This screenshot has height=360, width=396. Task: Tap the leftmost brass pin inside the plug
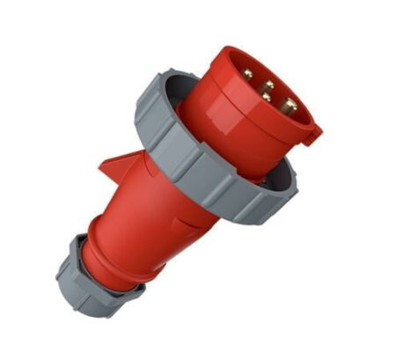[x=249, y=77]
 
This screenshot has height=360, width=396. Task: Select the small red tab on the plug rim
[x=312, y=132]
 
